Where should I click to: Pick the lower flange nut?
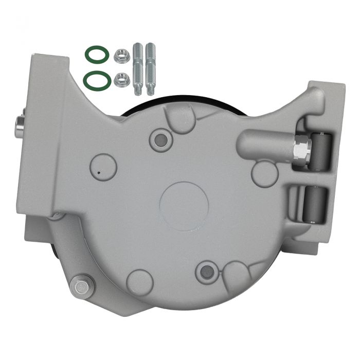point(121,79)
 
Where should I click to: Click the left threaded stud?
point(139,68)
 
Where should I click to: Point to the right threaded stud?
point(150,68)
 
